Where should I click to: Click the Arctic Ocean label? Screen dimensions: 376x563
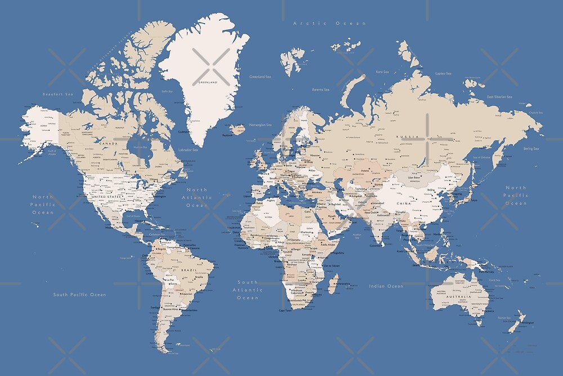pos(330,23)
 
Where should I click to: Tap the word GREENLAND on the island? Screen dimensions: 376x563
pos(207,82)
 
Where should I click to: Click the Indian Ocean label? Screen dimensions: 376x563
pos(386,286)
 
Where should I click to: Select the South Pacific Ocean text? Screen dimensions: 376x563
pos(79,294)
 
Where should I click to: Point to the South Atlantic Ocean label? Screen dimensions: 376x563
pos(248,290)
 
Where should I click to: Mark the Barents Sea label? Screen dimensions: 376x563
pos(321,89)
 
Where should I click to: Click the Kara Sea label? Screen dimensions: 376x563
pos(382,72)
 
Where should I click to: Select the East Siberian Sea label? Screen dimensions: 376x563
pos(499,97)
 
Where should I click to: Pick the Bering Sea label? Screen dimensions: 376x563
pos(531,149)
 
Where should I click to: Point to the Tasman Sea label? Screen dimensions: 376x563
pos(504,318)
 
